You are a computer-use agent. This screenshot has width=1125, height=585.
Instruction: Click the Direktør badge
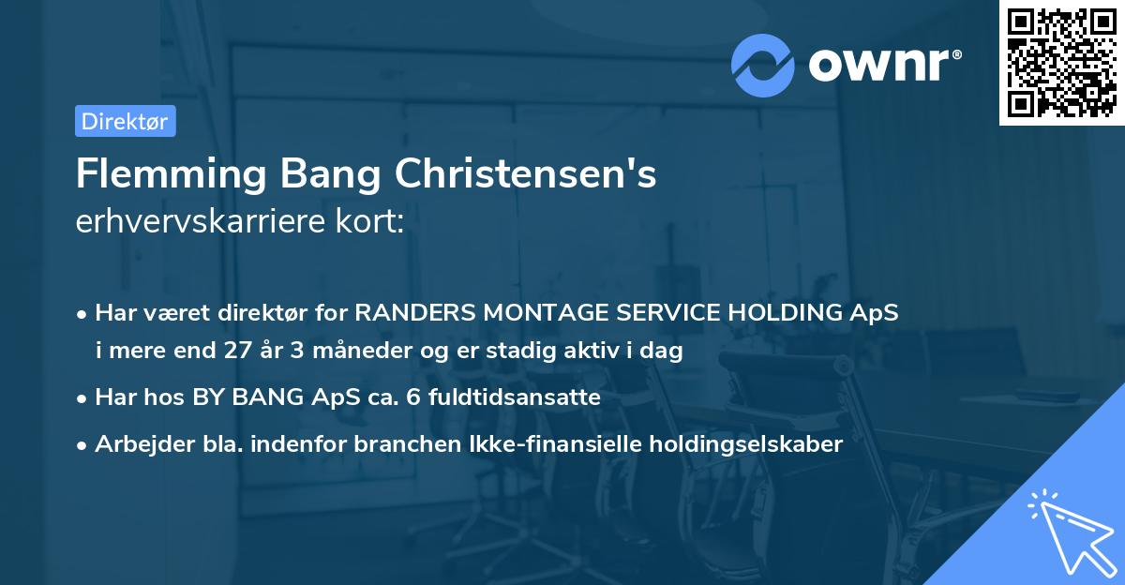tap(125, 121)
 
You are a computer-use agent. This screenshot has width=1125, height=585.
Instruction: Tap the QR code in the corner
tap(1062, 63)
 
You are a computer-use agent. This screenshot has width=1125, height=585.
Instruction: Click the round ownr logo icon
tap(763, 65)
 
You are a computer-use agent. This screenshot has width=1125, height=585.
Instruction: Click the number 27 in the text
tap(237, 352)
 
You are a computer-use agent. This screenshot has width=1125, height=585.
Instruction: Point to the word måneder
tap(337, 352)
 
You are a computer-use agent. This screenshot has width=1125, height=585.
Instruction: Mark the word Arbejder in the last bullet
tap(138, 444)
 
